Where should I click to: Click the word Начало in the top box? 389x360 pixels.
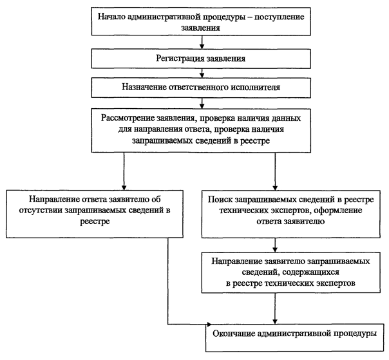tap(111, 17)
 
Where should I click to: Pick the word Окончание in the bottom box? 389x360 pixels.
tap(234, 334)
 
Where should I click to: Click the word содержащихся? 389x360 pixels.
tap(310, 272)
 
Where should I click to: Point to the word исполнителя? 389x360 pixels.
tap(256, 87)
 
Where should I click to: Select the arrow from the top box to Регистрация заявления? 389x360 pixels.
tap(202, 42)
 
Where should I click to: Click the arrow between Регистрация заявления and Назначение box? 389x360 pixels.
tap(202, 73)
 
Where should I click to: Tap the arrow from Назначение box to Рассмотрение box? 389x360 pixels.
tap(202, 103)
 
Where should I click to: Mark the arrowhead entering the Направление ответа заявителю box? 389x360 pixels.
tap(124, 187)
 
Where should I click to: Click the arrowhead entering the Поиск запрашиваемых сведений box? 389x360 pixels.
tap(275, 187)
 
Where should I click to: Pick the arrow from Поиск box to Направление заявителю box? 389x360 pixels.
tap(275, 245)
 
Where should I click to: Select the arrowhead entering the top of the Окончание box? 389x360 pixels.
tap(275, 321)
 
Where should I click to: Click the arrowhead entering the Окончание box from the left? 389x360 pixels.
tap(209, 324)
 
